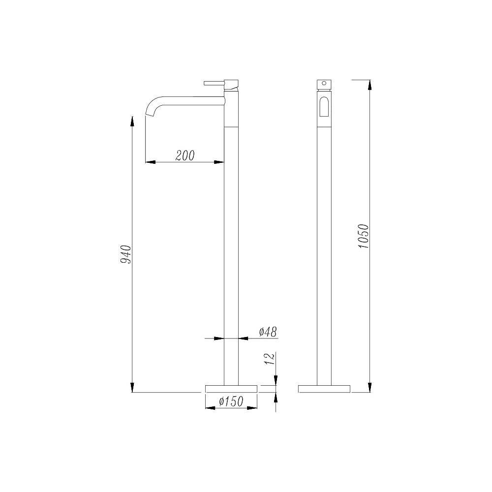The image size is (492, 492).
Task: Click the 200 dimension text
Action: pyautogui.click(x=185, y=155)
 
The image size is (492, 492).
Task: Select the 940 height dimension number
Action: pyautogui.click(x=126, y=253)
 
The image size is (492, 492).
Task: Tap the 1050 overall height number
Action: pyautogui.click(x=364, y=236)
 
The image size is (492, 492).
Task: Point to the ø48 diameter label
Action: pyautogui.click(x=268, y=332)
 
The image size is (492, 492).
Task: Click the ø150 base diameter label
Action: pyautogui.click(x=231, y=401)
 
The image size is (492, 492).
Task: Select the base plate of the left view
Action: pyautogui.click(x=231, y=389)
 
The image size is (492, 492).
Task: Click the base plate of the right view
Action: pyautogui.click(x=324, y=389)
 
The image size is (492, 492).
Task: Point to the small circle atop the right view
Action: pyautogui.click(x=324, y=84)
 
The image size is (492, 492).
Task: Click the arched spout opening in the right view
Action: pyautogui.click(x=324, y=107)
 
